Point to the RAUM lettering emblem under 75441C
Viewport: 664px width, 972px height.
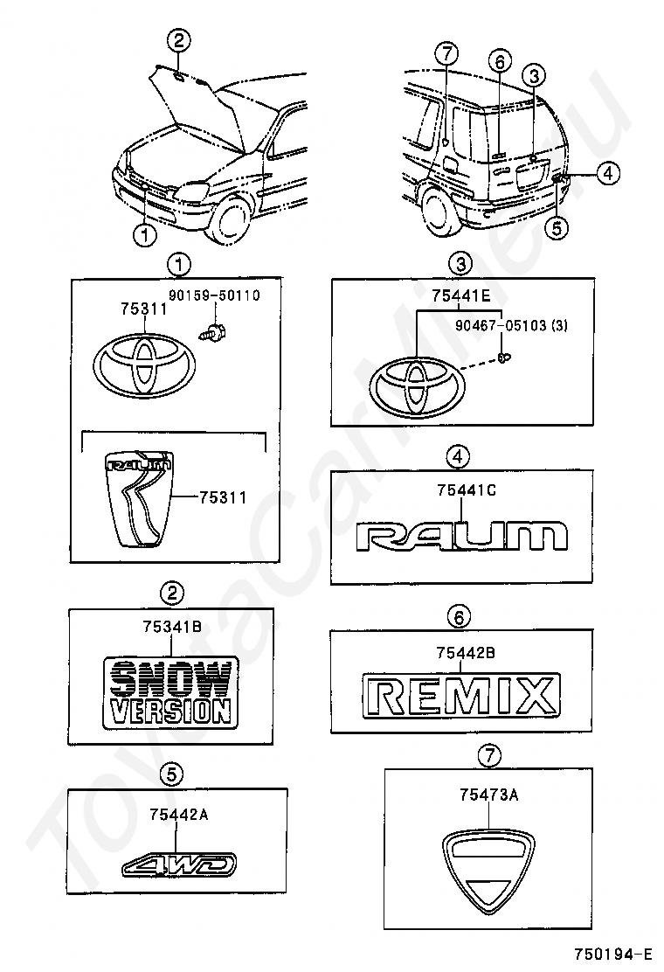[x=461, y=535]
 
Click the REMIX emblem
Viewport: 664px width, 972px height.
[x=461, y=697]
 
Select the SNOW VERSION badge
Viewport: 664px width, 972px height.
[x=170, y=691]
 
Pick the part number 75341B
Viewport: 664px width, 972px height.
[x=172, y=626]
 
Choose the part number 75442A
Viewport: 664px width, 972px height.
[x=178, y=815]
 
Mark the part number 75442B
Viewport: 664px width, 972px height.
[x=467, y=652]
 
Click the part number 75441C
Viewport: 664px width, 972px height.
[x=467, y=491]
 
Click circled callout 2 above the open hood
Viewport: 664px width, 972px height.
[x=178, y=39]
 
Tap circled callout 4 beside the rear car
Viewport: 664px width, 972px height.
[x=609, y=174]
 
